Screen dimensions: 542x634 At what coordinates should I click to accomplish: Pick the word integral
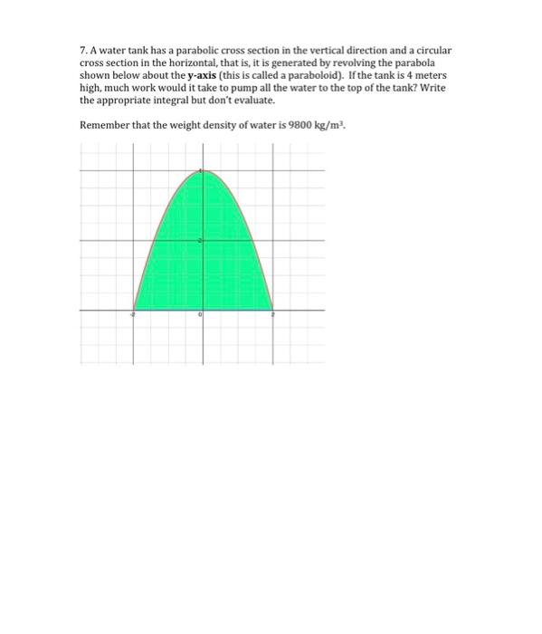click(x=173, y=101)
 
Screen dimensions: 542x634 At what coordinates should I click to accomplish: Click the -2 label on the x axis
click(x=131, y=314)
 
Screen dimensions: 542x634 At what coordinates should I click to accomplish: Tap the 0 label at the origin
click(x=199, y=314)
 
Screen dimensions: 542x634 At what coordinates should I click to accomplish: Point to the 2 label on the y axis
click(x=200, y=240)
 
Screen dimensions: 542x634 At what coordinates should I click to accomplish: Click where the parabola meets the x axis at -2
click(x=134, y=309)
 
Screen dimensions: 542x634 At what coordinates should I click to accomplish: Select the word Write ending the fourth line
click(x=432, y=89)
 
